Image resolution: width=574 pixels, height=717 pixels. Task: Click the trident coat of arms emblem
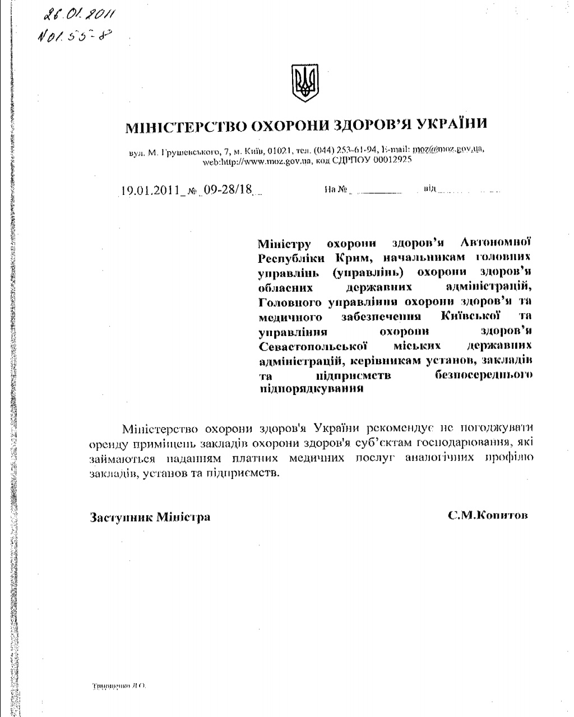click(x=304, y=83)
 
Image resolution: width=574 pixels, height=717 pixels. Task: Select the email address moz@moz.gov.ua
click(x=447, y=150)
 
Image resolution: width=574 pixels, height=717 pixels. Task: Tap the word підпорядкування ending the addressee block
click(x=311, y=389)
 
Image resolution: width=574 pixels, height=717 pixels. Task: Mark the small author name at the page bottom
click(x=118, y=686)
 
